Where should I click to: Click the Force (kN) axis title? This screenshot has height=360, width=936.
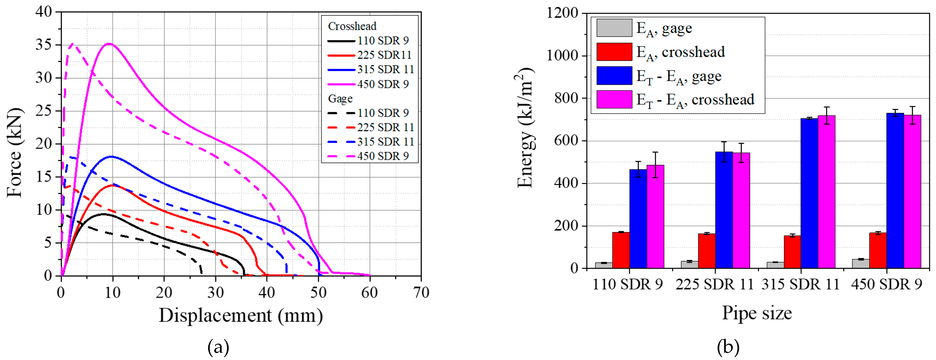pyautogui.click(x=14, y=153)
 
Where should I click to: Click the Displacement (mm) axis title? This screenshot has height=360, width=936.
pyautogui.click(x=241, y=315)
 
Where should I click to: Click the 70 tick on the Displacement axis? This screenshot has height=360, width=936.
pyautogui.click(x=421, y=292)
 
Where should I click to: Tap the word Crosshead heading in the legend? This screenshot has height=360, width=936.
pyautogui.click(x=352, y=26)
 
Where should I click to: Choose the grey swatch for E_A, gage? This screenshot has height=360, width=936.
pyautogui.click(x=614, y=28)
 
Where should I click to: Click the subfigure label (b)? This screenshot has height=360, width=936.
pyautogui.click(x=728, y=347)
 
